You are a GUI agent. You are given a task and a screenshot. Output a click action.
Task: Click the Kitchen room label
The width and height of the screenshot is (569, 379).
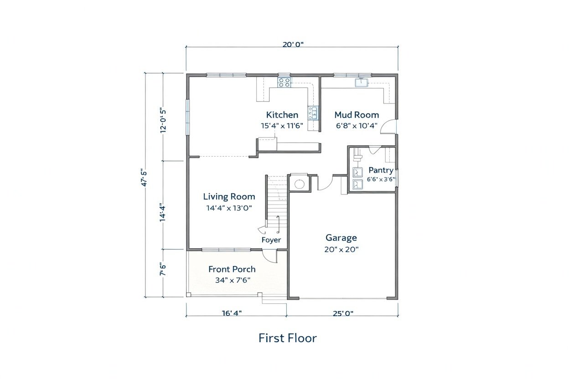coord(282,115)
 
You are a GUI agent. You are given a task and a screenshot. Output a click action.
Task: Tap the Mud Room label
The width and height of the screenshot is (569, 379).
coord(357,115)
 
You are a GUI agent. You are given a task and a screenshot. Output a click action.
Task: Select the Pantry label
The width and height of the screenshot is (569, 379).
coord(381,170)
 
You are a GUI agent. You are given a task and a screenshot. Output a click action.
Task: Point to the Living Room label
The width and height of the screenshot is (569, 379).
coord(229,197)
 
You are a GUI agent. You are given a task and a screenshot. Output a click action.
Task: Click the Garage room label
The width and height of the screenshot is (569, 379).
coord(341,238)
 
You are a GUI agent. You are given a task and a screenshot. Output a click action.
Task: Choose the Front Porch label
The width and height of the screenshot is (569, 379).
coord(232,269)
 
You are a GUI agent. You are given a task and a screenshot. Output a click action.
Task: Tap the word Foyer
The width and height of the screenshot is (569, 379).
coord(271,240)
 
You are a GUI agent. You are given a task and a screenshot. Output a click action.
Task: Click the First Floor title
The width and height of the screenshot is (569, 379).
coord(288,338)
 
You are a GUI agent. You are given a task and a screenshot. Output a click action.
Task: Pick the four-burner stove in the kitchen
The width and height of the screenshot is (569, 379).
coord(284,82)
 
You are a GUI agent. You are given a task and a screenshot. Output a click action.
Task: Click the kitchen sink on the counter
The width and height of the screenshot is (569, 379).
coord(313,113)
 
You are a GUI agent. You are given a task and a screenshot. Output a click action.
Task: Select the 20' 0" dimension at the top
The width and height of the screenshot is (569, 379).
coord(293,45)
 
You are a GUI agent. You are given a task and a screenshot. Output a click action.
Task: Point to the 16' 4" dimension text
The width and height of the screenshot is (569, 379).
coord(232,313)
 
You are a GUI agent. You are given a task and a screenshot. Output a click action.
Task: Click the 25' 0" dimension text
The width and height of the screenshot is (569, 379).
coord(343,313)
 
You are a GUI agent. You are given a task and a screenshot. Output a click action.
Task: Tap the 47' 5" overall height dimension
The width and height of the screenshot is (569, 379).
coord(144,179)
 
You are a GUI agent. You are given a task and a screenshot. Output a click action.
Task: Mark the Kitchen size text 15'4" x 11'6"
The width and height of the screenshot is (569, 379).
coord(282,126)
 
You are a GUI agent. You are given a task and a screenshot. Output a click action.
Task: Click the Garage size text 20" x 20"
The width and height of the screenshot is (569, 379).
coord(341,250)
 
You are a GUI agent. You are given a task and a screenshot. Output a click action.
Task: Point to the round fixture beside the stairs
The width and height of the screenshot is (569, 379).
coord(300,184)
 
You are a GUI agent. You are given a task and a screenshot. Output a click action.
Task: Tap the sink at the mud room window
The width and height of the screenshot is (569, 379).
coord(361,83)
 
